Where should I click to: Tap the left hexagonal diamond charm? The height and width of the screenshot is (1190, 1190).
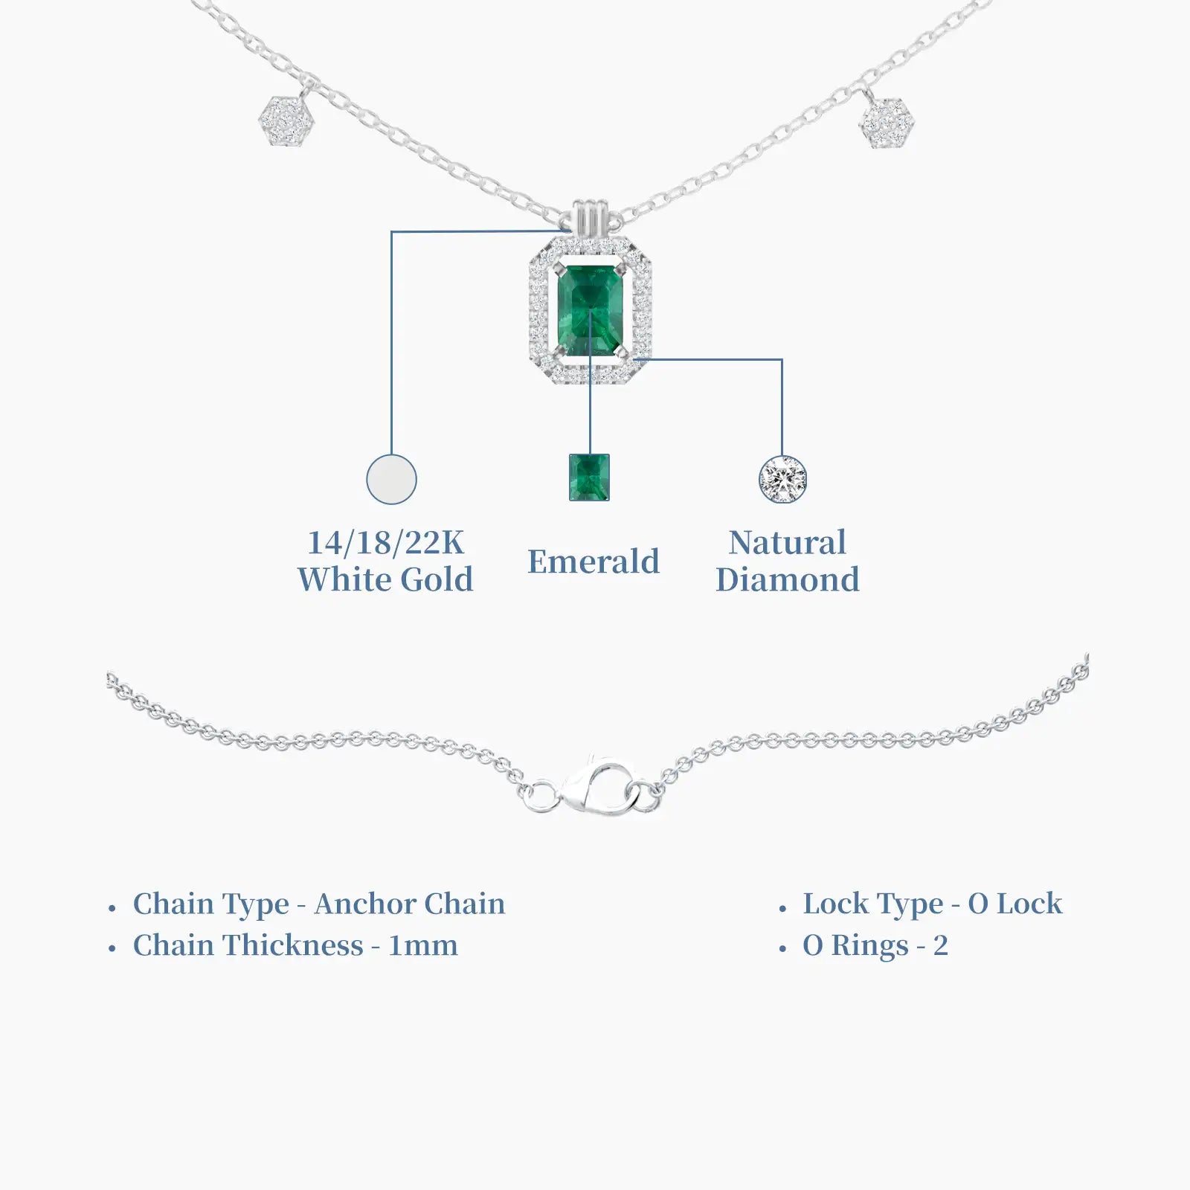[286, 121]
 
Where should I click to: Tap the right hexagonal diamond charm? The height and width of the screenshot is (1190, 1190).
[887, 122]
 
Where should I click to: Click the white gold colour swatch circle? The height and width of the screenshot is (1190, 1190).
[392, 479]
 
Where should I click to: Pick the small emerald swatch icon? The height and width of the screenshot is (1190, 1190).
[589, 477]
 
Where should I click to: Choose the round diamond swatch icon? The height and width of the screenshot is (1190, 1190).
[782, 480]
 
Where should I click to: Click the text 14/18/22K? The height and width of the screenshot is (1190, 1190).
[386, 543]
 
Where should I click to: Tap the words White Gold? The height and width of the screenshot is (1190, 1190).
[385, 579]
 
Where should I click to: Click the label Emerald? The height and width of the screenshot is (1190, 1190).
[594, 562]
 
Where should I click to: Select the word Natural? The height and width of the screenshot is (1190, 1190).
[788, 542]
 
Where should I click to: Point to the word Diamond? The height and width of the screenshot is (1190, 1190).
[788, 579]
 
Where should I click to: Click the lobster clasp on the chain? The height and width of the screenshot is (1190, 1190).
[598, 788]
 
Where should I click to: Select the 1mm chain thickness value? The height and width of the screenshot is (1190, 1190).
[423, 946]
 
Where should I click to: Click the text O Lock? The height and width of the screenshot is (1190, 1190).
[1015, 904]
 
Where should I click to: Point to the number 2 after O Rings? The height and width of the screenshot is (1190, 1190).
[941, 946]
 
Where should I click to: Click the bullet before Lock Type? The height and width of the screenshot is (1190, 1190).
[782, 908]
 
